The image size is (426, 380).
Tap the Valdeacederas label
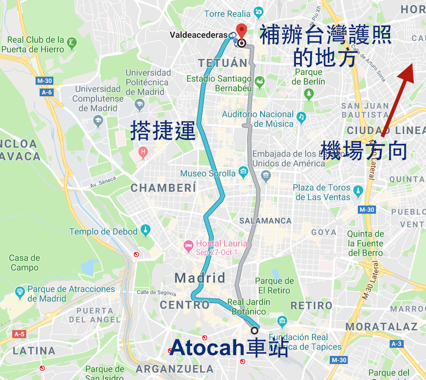click(198, 35)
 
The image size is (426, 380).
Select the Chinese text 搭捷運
click(163, 130)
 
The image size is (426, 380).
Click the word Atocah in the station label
click(206, 348)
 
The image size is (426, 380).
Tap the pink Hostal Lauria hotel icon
click(188, 245)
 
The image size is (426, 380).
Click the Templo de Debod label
click(104, 232)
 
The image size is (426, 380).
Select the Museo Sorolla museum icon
click(243, 173)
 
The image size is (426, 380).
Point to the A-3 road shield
click(396, 344)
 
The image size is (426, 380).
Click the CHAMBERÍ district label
click(163, 188)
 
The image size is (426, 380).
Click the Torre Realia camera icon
click(258, 12)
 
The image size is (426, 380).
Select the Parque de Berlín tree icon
click(309, 93)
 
